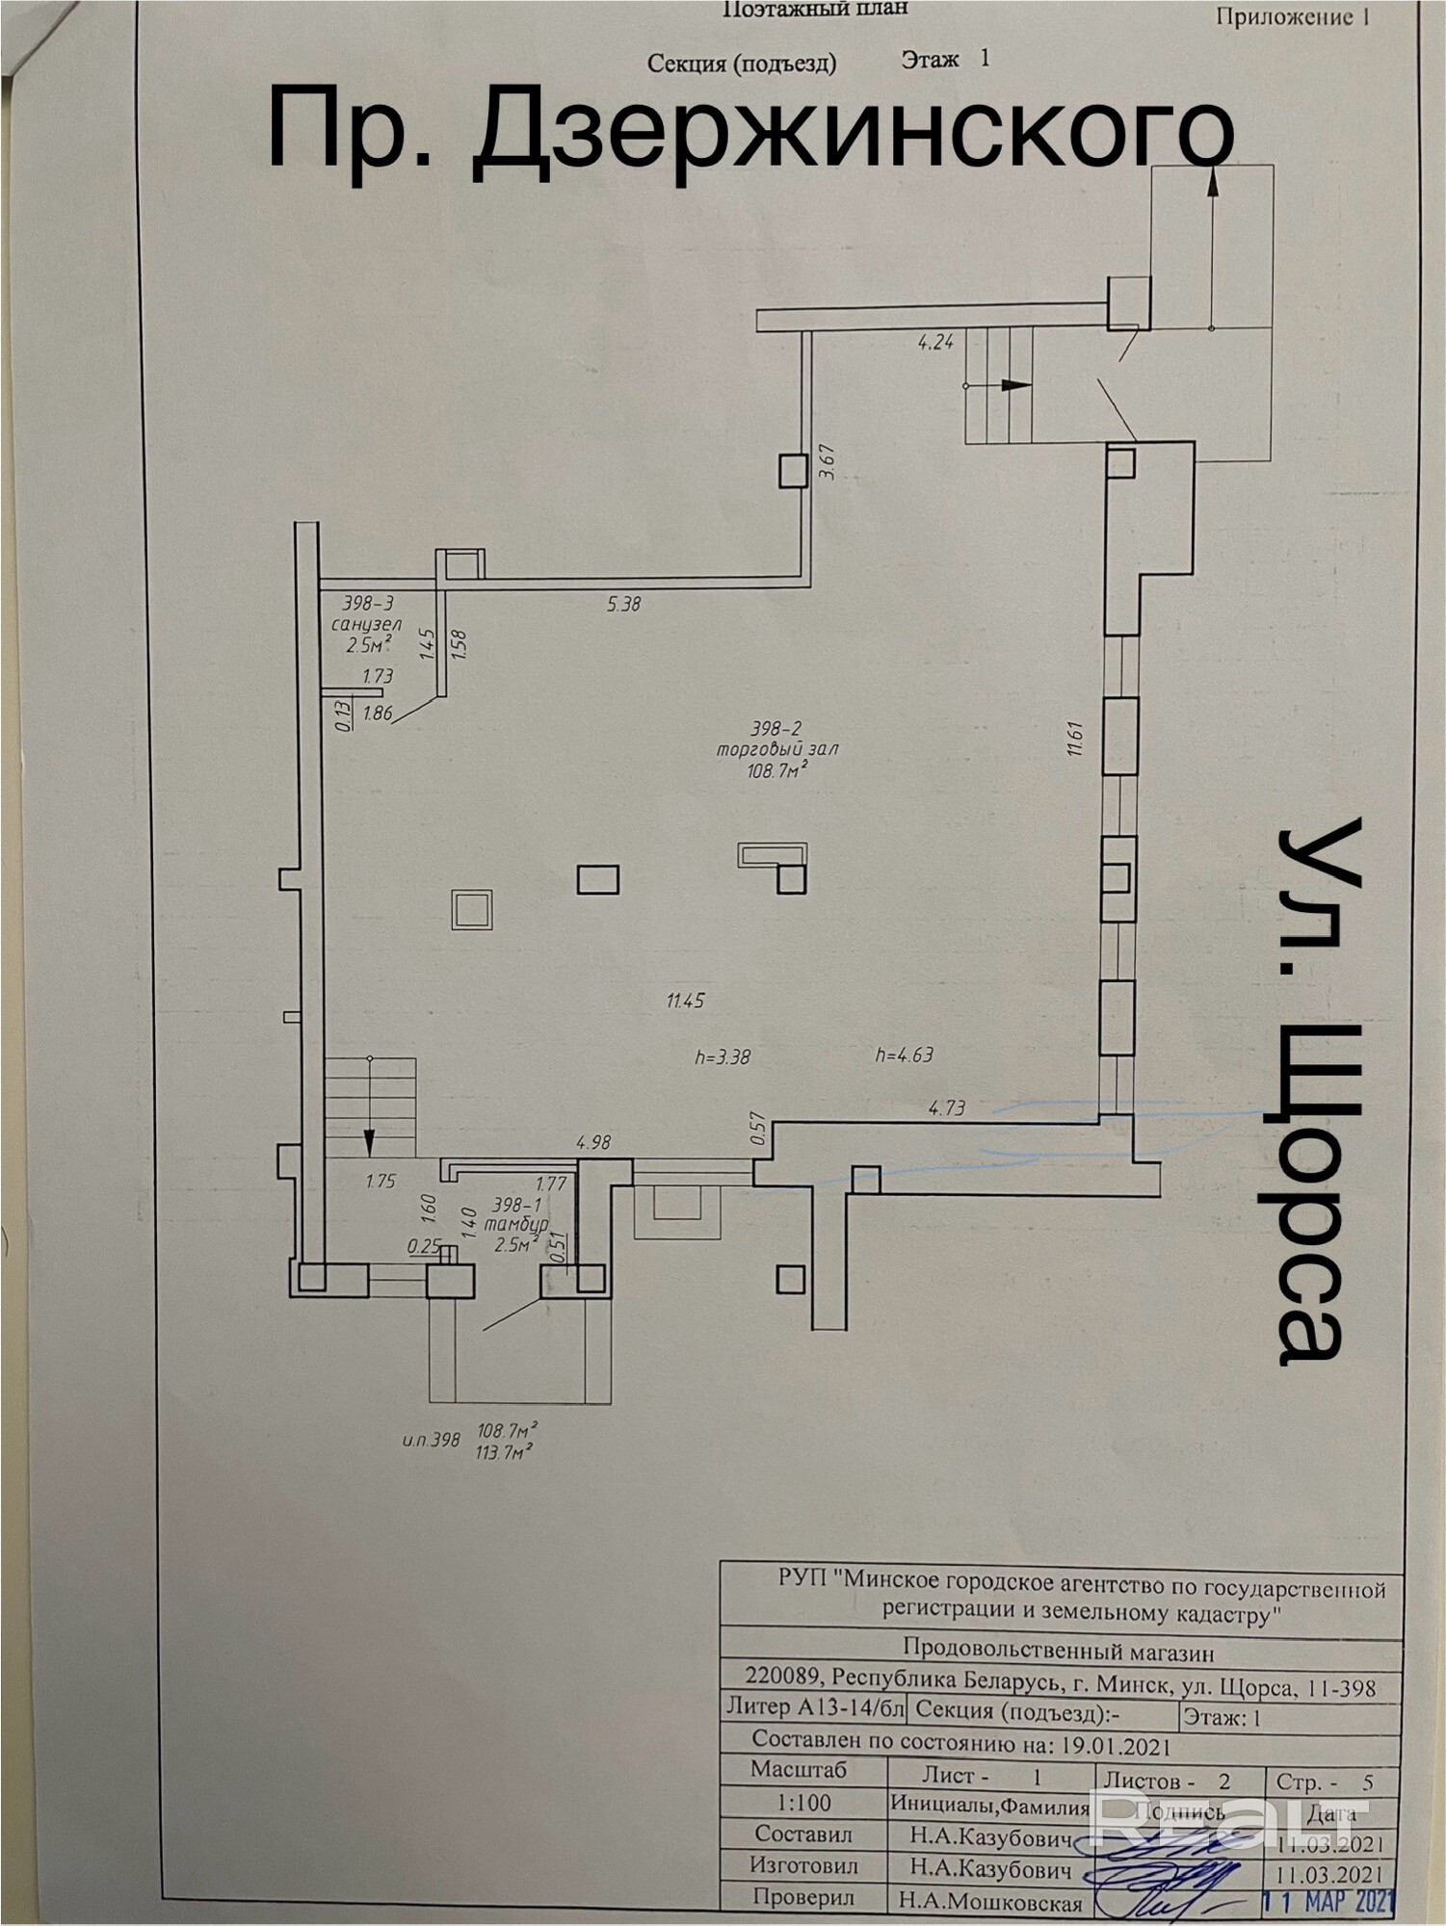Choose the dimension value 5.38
(x=623, y=605)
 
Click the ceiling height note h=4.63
(x=905, y=1054)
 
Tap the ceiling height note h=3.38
(x=722, y=1056)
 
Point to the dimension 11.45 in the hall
(x=685, y=1001)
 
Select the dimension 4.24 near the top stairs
(x=935, y=341)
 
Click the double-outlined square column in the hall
(x=472, y=909)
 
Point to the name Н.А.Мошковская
(x=991, y=1901)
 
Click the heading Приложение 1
(x=1292, y=16)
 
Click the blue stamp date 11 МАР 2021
(x=1328, y=1901)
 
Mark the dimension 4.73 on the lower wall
(x=946, y=1108)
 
